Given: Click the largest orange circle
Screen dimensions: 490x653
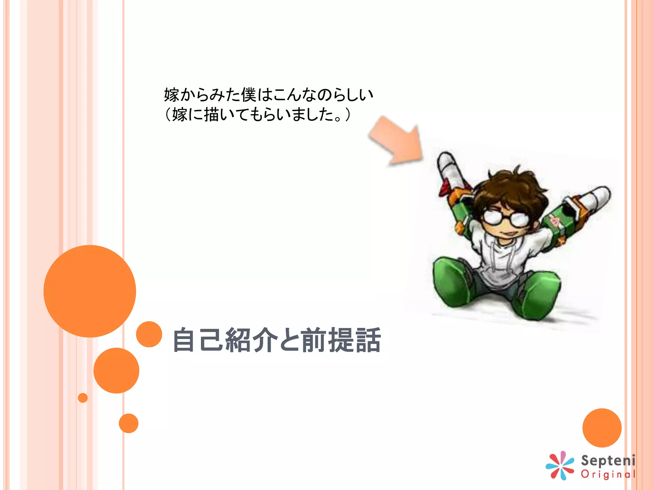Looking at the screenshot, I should tap(90, 291).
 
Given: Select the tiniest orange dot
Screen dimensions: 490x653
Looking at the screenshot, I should tap(83, 398).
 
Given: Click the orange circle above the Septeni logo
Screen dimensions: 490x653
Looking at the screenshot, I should tap(602, 428).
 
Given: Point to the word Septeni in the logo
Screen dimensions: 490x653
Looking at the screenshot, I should tap(608, 461).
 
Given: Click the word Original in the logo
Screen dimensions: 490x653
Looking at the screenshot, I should tap(608, 474).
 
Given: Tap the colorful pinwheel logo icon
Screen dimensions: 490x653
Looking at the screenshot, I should tap(560, 465).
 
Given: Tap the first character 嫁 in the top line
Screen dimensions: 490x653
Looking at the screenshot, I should tap(172, 95).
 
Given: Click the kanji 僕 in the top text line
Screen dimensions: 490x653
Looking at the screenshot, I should tap(248, 95).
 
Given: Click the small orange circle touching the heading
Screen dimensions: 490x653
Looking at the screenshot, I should tap(149, 334).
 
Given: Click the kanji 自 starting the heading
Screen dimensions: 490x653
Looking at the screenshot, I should tap(184, 340).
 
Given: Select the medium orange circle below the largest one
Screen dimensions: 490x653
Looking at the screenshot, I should tap(116, 370).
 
